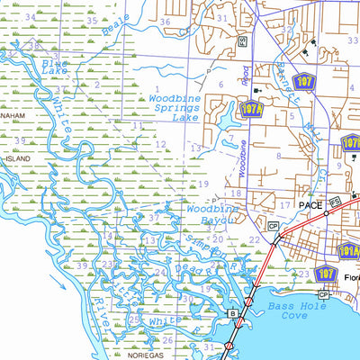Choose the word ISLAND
17,157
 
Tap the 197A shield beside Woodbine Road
227,109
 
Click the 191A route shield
350,251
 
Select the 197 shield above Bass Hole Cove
327,274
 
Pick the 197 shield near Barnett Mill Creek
306,81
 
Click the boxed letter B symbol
232,312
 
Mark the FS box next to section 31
242,40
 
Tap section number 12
159,144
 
